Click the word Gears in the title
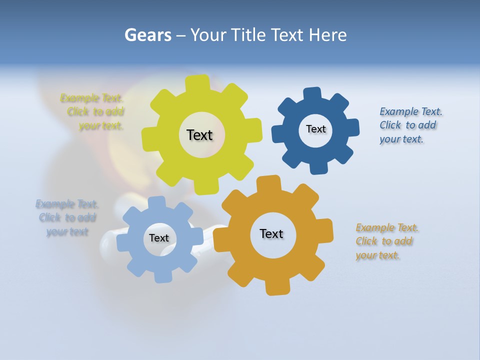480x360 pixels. click(x=147, y=35)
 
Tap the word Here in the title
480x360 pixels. click(x=327, y=35)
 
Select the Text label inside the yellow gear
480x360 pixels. click(x=199, y=135)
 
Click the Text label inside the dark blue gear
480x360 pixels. click(x=315, y=129)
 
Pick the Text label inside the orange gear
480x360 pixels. click(x=271, y=234)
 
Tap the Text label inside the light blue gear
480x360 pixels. click(x=159, y=238)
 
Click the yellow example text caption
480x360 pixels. click(x=92, y=112)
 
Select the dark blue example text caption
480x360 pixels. click(x=410, y=125)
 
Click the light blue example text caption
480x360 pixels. click(x=66, y=218)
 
